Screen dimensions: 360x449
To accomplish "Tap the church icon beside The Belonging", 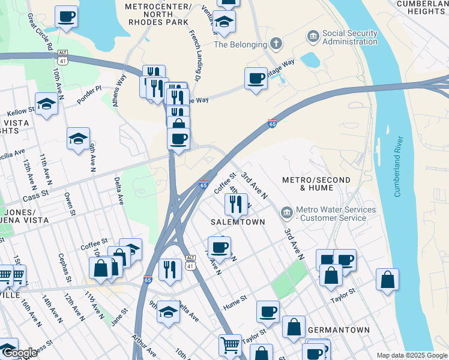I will click(x=276, y=43).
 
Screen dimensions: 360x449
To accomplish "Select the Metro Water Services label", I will click(x=336, y=214).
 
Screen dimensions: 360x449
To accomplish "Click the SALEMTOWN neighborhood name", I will click(x=234, y=221).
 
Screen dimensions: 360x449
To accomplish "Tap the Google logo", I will click(x=19, y=353).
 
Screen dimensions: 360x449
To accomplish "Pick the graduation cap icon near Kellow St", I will click(x=46, y=104).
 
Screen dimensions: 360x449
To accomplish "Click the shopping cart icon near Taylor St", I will click(x=231, y=345).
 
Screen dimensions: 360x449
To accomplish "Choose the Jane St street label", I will click(x=119, y=317).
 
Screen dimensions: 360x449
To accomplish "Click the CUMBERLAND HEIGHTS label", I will click(x=423, y=7).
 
